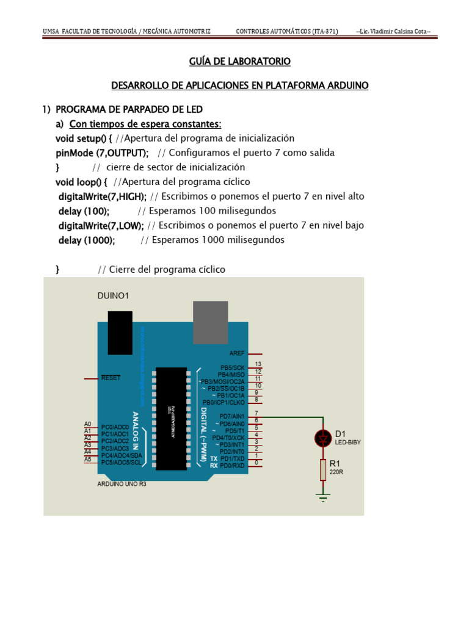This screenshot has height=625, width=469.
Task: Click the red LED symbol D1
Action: (x=323, y=438)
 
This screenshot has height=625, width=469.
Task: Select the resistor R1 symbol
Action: (x=323, y=469)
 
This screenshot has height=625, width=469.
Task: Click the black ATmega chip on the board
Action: (x=171, y=419)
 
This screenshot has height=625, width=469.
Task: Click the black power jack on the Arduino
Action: (x=120, y=332)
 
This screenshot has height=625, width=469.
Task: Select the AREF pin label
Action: (x=237, y=353)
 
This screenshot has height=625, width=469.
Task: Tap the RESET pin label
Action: (x=111, y=378)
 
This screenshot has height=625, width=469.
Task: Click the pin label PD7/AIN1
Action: (x=231, y=417)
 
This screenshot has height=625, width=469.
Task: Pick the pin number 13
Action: (x=258, y=364)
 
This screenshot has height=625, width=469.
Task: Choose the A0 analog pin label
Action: (x=87, y=424)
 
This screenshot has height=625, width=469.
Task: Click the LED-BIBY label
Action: (x=349, y=443)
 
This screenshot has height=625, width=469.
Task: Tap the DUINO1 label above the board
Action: (x=113, y=295)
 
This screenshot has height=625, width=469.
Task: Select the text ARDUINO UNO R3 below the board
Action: (x=122, y=484)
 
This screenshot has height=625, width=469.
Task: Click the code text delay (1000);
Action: (x=86, y=240)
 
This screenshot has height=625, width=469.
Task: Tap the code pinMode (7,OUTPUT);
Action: (x=102, y=152)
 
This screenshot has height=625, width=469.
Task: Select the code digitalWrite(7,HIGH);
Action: (x=102, y=196)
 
